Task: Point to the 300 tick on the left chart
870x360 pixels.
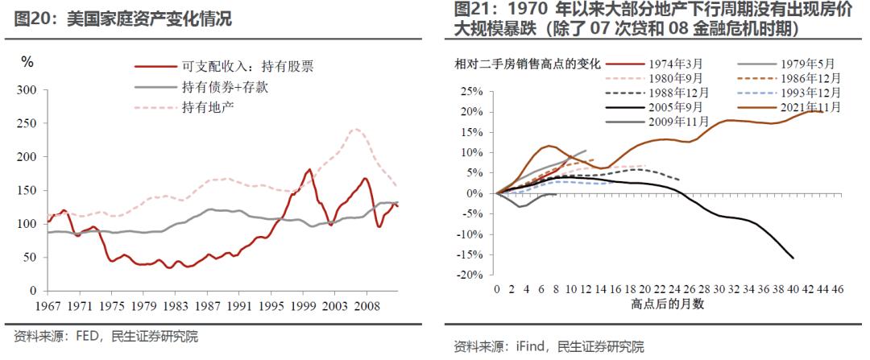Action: pos(27,90)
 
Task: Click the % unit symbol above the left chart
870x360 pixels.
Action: pos(27,62)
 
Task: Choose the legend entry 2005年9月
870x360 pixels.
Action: pos(673,107)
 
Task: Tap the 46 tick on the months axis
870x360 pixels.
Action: pos(837,290)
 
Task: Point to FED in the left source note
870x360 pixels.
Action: pos(88,337)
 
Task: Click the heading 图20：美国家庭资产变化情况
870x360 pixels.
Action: pos(123,19)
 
